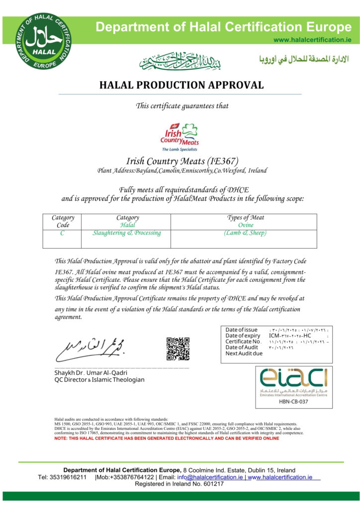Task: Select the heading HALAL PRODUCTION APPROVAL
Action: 181,85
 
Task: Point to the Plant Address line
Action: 181,171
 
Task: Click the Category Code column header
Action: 63,221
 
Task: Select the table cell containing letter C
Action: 62,233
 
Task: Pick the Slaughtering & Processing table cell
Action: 127,233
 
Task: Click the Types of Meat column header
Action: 245,217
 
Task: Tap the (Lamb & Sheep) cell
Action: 245,233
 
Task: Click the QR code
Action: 178,348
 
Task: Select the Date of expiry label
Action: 243,336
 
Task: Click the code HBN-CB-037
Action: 294,401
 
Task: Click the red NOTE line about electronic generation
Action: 167,438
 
